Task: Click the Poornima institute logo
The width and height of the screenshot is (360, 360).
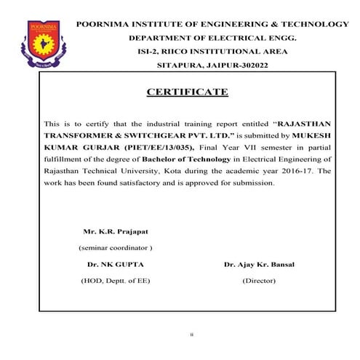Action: (42, 44)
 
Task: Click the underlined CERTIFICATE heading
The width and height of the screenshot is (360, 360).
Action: (187, 92)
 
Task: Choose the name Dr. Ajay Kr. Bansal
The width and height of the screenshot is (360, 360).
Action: (259, 265)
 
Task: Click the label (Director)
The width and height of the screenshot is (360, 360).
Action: (259, 280)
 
